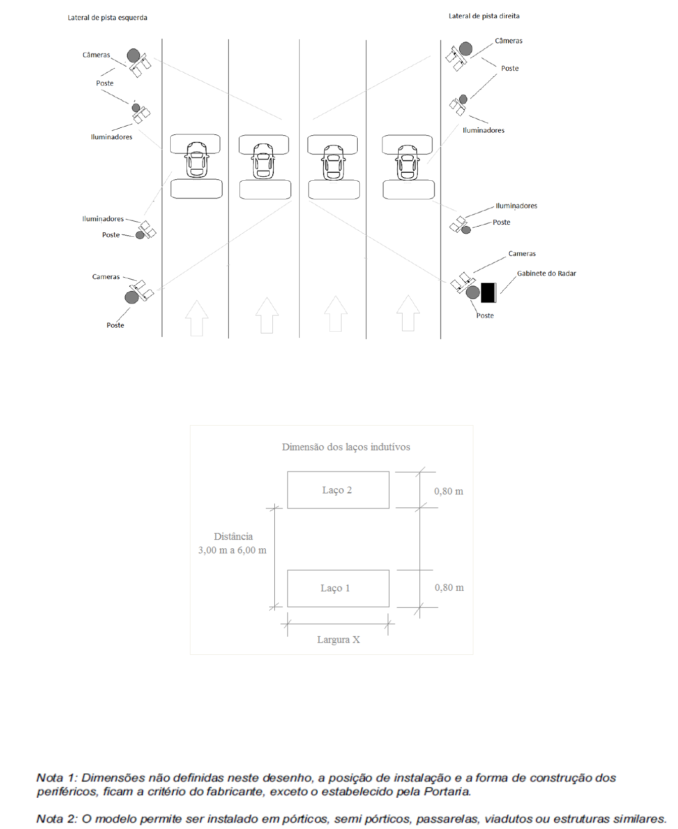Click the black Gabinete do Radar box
pos(488,292)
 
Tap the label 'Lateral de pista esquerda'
pos(108,18)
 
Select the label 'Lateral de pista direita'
pos(484,16)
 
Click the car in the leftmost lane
pos(197,160)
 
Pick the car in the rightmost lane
pos(407,163)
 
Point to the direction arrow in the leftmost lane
pos(197,318)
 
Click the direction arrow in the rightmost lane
pos(408,313)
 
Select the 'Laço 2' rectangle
pos(338,490)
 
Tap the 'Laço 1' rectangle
pos(338,588)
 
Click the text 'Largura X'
pos(338,640)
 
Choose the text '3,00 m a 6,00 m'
pos(232,550)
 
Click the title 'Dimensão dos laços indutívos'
pos(346,447)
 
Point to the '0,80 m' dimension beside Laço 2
pos(449,491)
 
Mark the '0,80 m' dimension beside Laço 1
pos(449,588)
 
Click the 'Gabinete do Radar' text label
pos(547,273)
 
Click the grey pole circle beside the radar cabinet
pos(473,292)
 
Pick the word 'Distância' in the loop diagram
pos(233,536)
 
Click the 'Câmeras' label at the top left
pos(96,55)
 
